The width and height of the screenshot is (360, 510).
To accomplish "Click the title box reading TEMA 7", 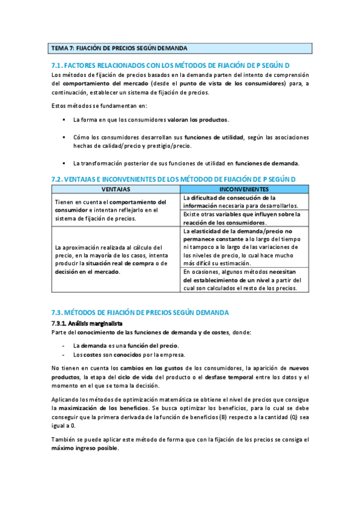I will pos(180,48).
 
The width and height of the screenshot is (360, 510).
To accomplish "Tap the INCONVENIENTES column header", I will pos(245,189).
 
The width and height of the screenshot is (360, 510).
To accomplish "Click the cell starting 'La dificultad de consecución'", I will pos(245,201).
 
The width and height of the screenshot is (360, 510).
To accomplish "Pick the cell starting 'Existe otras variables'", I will pos(245,218).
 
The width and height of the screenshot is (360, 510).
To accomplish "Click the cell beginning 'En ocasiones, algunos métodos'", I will pos(245,280).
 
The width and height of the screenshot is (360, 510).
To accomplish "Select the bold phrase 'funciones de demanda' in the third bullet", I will pos(266,163).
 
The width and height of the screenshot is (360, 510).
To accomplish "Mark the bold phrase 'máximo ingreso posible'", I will pos(85,448).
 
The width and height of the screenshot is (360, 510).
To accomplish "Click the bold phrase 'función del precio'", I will pos(147,345).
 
